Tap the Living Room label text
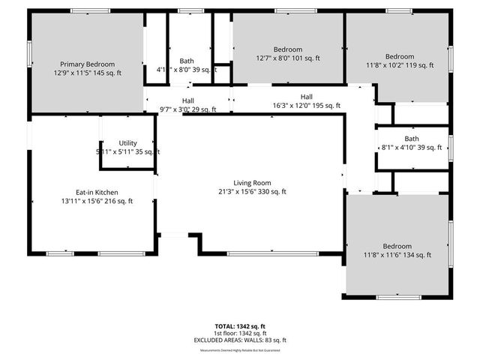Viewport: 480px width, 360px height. tap(252, 182)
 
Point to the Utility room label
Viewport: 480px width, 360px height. tap(128, 142)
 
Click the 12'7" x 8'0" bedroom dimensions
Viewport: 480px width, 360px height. tap(287, 58)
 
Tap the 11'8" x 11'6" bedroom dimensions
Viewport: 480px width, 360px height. tap(397, 255)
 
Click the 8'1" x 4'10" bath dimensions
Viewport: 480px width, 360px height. tap(412, 148)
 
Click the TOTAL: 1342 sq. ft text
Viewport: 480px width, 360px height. tap(240, 326)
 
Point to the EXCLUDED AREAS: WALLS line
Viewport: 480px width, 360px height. tap(239, 340)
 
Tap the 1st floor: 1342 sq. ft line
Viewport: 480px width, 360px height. tap(240, 333)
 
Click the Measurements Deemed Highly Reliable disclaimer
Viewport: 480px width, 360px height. tap(240, 347)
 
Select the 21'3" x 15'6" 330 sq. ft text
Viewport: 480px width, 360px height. tap(252, 191)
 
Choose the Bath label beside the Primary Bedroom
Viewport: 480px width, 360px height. tap(187, 61)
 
